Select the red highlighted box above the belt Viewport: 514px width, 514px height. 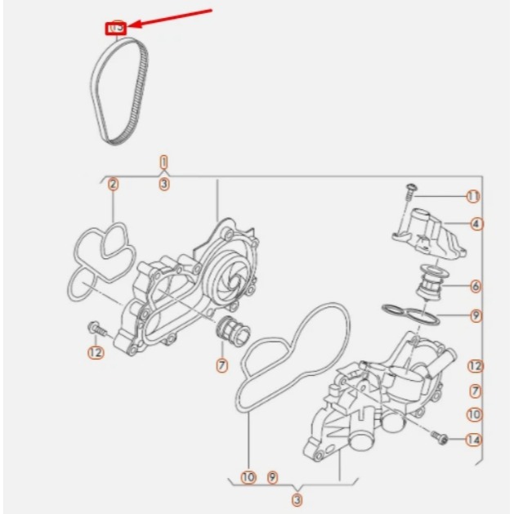click(x=114, y=29)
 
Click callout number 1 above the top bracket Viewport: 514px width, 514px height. click(x=164, y=162)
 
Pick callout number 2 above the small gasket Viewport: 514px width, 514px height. click(x=114, y=184)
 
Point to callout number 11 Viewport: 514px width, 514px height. click(x=473, y=196)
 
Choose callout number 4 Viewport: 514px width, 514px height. click(x=476, y=223)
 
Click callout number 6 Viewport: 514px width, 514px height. click(x=476, y=286)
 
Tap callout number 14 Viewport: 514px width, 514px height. click(x=473, y=440)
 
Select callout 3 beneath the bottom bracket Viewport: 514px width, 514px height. click(x=297, y=498)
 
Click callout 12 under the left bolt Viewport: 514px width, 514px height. click(x=96, y=352)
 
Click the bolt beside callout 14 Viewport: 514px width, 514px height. click(x=442, y=439)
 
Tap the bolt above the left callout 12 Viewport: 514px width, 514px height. click(x=96, y=329)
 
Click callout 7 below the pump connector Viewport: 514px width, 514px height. click(x=221, y=365)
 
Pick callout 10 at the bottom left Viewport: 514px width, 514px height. click(x=248, y=476)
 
